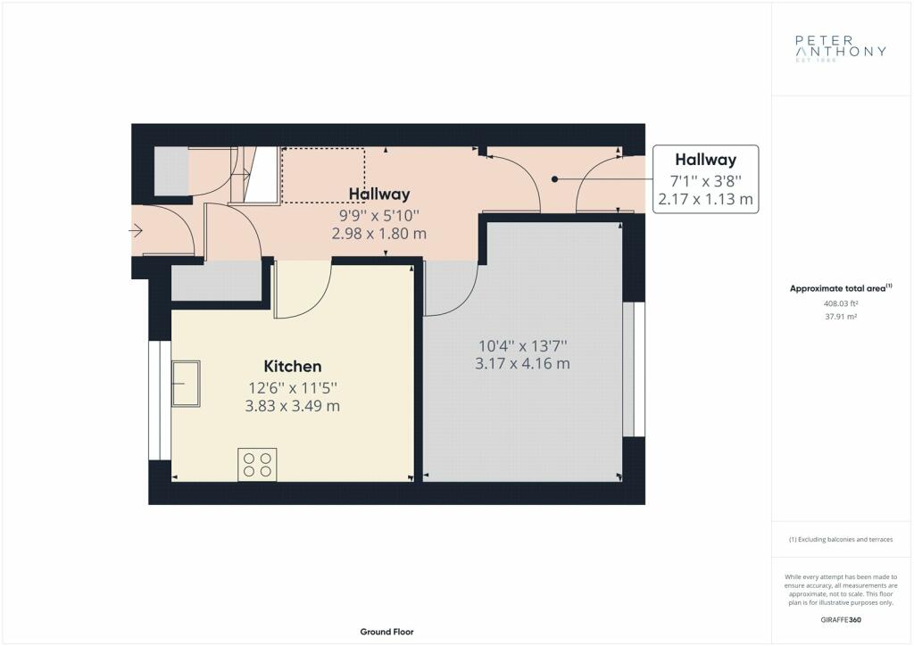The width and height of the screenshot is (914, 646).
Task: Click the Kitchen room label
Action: pos(293,367)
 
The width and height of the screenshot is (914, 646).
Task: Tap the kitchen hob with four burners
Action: pos(257,464)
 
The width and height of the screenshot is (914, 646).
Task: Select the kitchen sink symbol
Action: pos(186,384)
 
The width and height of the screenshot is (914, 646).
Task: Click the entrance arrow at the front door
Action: pos(136,231)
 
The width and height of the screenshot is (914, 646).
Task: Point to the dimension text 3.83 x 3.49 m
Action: pos(292,406)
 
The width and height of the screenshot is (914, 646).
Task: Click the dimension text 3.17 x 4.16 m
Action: pos(522,364)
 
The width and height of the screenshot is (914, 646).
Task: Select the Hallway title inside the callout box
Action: pos(705,160)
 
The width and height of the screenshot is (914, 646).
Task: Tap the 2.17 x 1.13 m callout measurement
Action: pos(705,200)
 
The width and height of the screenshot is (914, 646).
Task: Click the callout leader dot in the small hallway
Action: pos(555,179)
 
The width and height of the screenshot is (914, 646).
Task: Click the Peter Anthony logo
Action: pos(841,48)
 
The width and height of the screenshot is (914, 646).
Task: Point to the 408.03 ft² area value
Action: pos(841,303)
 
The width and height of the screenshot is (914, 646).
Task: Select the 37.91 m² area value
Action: pos(841,317)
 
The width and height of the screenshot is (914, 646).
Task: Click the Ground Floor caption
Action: pos(387,632)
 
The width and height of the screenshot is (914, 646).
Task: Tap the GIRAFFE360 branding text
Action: pos(841,620)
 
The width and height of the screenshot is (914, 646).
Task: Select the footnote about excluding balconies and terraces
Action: pos(841,540)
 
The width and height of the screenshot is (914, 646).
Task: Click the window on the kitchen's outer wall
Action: pos(160,401)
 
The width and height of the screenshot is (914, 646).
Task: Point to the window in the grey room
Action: pos(634,369)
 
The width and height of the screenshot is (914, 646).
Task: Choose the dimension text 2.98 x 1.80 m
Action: pos(378,234)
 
